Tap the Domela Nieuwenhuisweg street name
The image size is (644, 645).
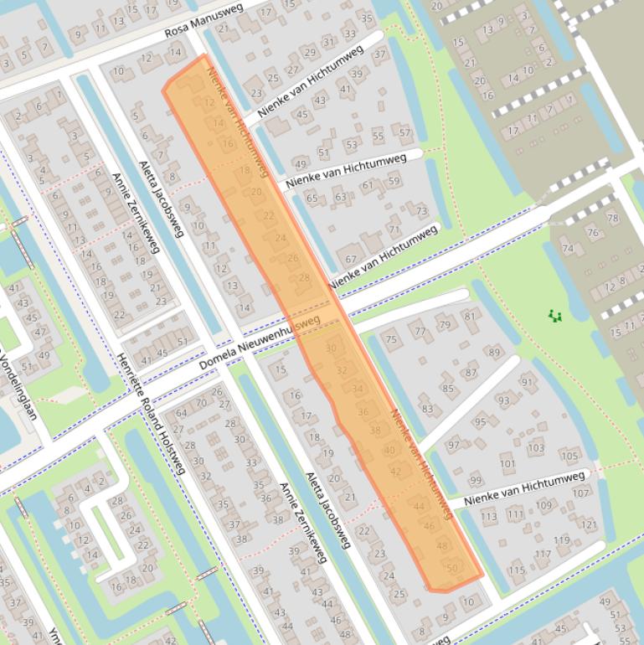tap(260, 344)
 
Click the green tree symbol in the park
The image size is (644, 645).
tap(554, 316)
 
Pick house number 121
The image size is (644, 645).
tap(589, 525)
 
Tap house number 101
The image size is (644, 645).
tap(507, 463)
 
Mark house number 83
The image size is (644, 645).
tap(427, 409)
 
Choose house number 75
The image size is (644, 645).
tap(390, 339)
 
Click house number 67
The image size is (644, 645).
tap(350, 260)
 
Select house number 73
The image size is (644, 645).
tap(421, 211)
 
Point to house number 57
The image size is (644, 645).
tap(404, 132)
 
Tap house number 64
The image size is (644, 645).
tap(181, 414)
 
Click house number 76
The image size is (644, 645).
tap(593, 233)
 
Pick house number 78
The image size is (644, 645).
tap(612, 219)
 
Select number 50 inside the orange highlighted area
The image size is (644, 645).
tap(452, 569)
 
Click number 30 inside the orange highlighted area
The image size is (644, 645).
tap(331, 348)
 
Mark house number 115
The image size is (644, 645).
tap(516, 570)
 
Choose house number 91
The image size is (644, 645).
tap(527, 382)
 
